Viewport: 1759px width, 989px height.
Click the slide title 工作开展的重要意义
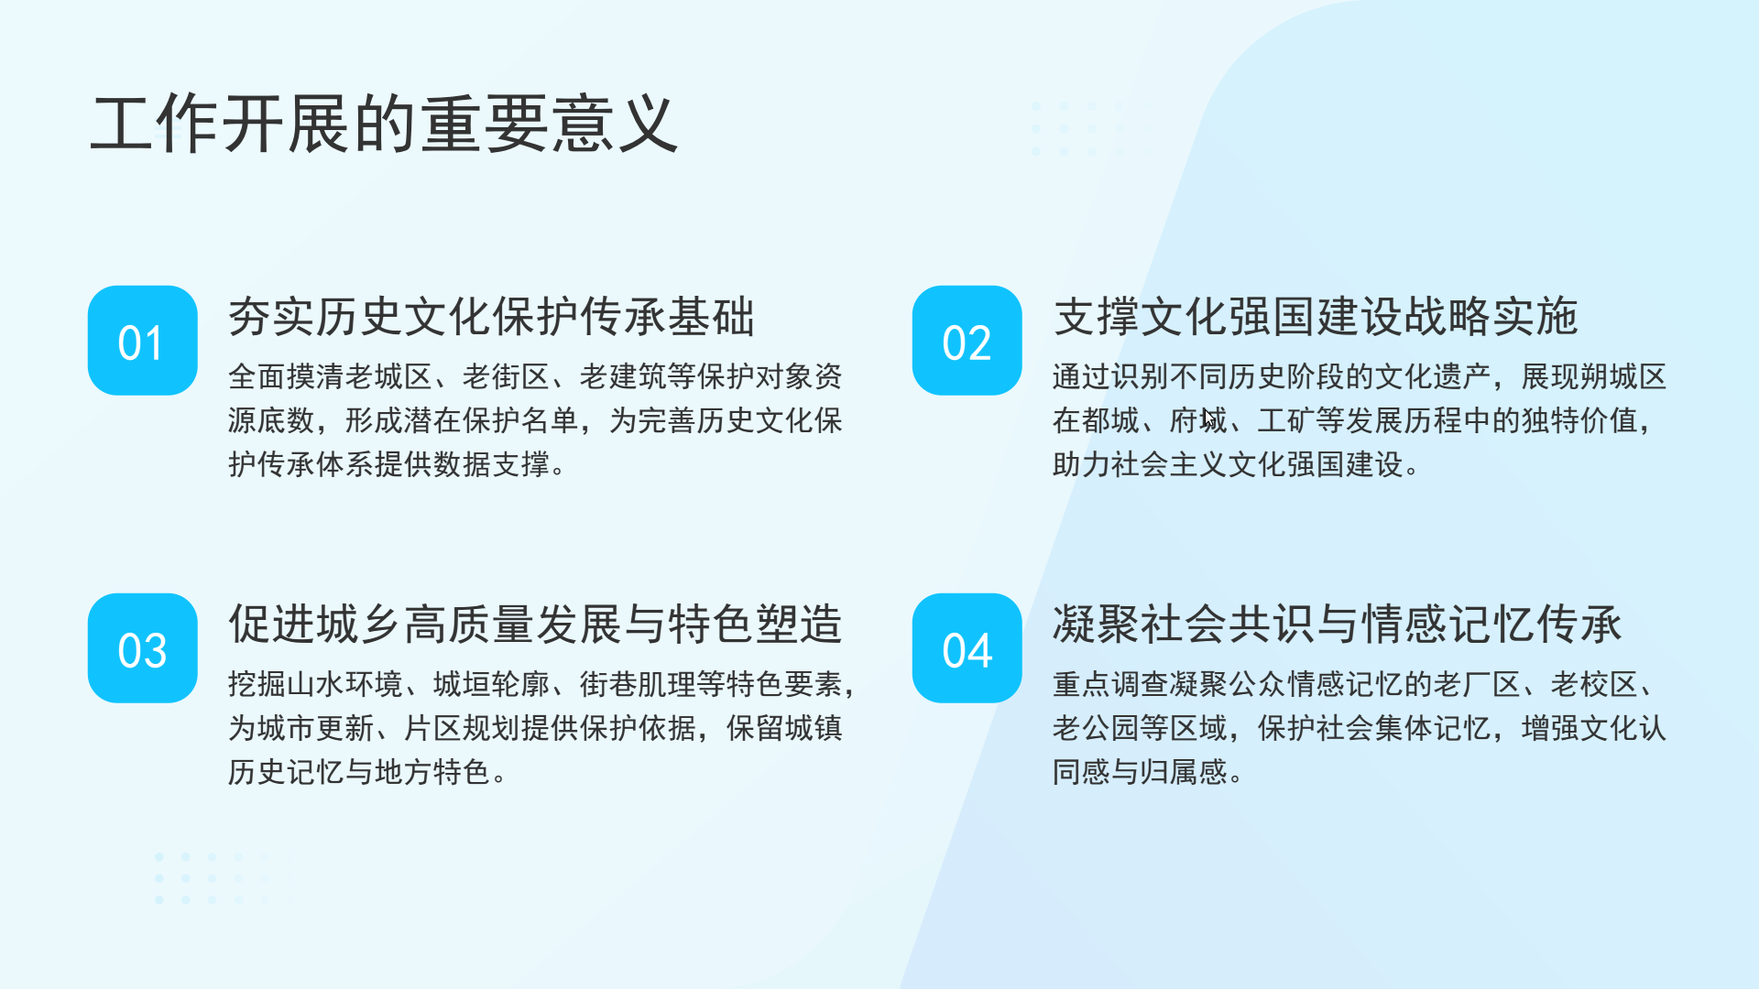(384, 124)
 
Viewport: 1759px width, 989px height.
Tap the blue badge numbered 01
(143, 341)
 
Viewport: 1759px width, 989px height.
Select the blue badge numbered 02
(967, 341)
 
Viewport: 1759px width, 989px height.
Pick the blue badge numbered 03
(143, 648)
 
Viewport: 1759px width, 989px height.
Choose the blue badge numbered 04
(967, 648)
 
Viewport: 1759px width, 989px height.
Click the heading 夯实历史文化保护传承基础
(492, 317)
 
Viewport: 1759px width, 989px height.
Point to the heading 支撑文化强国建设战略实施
(1316, 317)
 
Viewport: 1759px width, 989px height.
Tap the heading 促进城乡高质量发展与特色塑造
(535, 625)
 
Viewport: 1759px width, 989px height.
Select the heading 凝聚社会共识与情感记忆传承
(1338, 625)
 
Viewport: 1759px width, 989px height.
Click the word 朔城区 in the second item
(1622, 376)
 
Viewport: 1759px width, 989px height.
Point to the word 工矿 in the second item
(1286, 420)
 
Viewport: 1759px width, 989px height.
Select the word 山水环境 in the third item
(344, 684)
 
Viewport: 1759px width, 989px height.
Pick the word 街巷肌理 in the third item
(638, 684)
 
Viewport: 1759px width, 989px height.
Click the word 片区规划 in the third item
(462, 728)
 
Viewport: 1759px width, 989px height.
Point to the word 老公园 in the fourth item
(1096, 728)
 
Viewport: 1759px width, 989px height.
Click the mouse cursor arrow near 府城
(1210, 418)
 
